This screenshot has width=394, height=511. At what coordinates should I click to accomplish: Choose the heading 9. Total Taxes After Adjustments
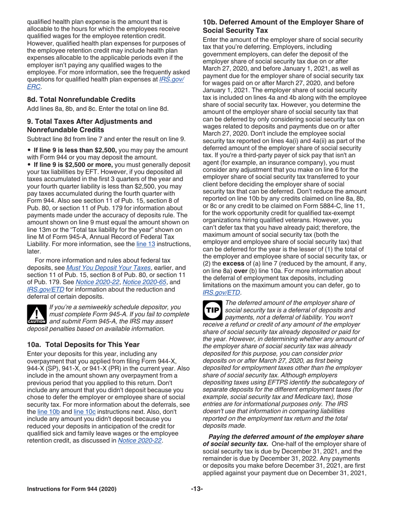[x=88, y=125]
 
